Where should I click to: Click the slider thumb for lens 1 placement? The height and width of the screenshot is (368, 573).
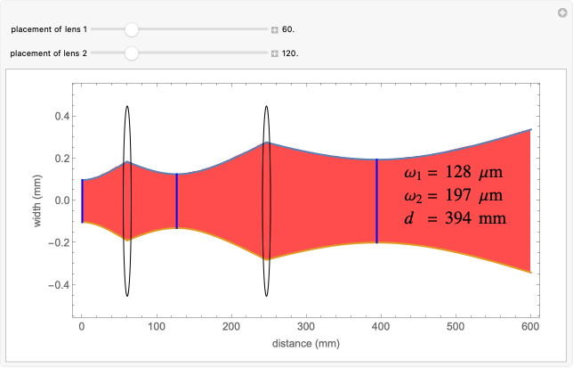[132, 29]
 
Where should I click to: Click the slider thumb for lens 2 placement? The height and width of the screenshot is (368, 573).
[132, 53]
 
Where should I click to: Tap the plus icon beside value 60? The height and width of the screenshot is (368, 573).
[275, 29]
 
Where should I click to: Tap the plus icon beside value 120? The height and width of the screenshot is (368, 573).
[275, 53]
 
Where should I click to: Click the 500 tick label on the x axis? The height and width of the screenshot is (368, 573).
[456, 327]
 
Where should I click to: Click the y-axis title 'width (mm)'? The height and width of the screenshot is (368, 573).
[37, 201]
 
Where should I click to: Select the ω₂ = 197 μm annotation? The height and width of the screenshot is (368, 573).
[454, 195]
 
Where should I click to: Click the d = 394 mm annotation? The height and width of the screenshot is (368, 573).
[454, 217]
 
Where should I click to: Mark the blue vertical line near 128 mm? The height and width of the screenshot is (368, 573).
[177, 200]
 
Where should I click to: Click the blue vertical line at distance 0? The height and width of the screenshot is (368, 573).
[82, 200]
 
